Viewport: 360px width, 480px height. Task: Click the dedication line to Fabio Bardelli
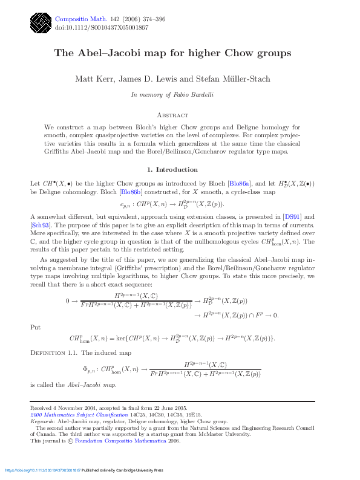(x=172, y=95)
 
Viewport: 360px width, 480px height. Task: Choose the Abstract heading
(x=172, y=115)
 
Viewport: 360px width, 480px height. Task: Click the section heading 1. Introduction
(x=172, y=169)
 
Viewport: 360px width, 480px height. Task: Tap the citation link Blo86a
(x=240, y=183)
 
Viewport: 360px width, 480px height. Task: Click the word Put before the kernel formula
(x=36, y=327)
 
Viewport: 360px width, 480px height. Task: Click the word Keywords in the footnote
(x=42, y=422)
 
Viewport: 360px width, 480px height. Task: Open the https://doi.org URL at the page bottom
(x=42, y=470)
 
